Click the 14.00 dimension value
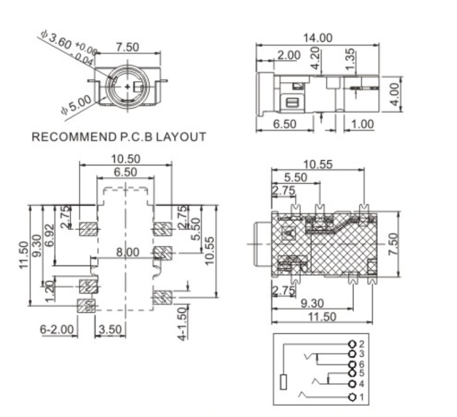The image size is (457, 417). tap(317, 38)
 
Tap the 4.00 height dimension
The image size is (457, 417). tap(396, 93)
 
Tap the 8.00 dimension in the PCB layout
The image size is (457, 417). tap(128, 252)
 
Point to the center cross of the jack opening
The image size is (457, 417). tap(127, 86)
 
